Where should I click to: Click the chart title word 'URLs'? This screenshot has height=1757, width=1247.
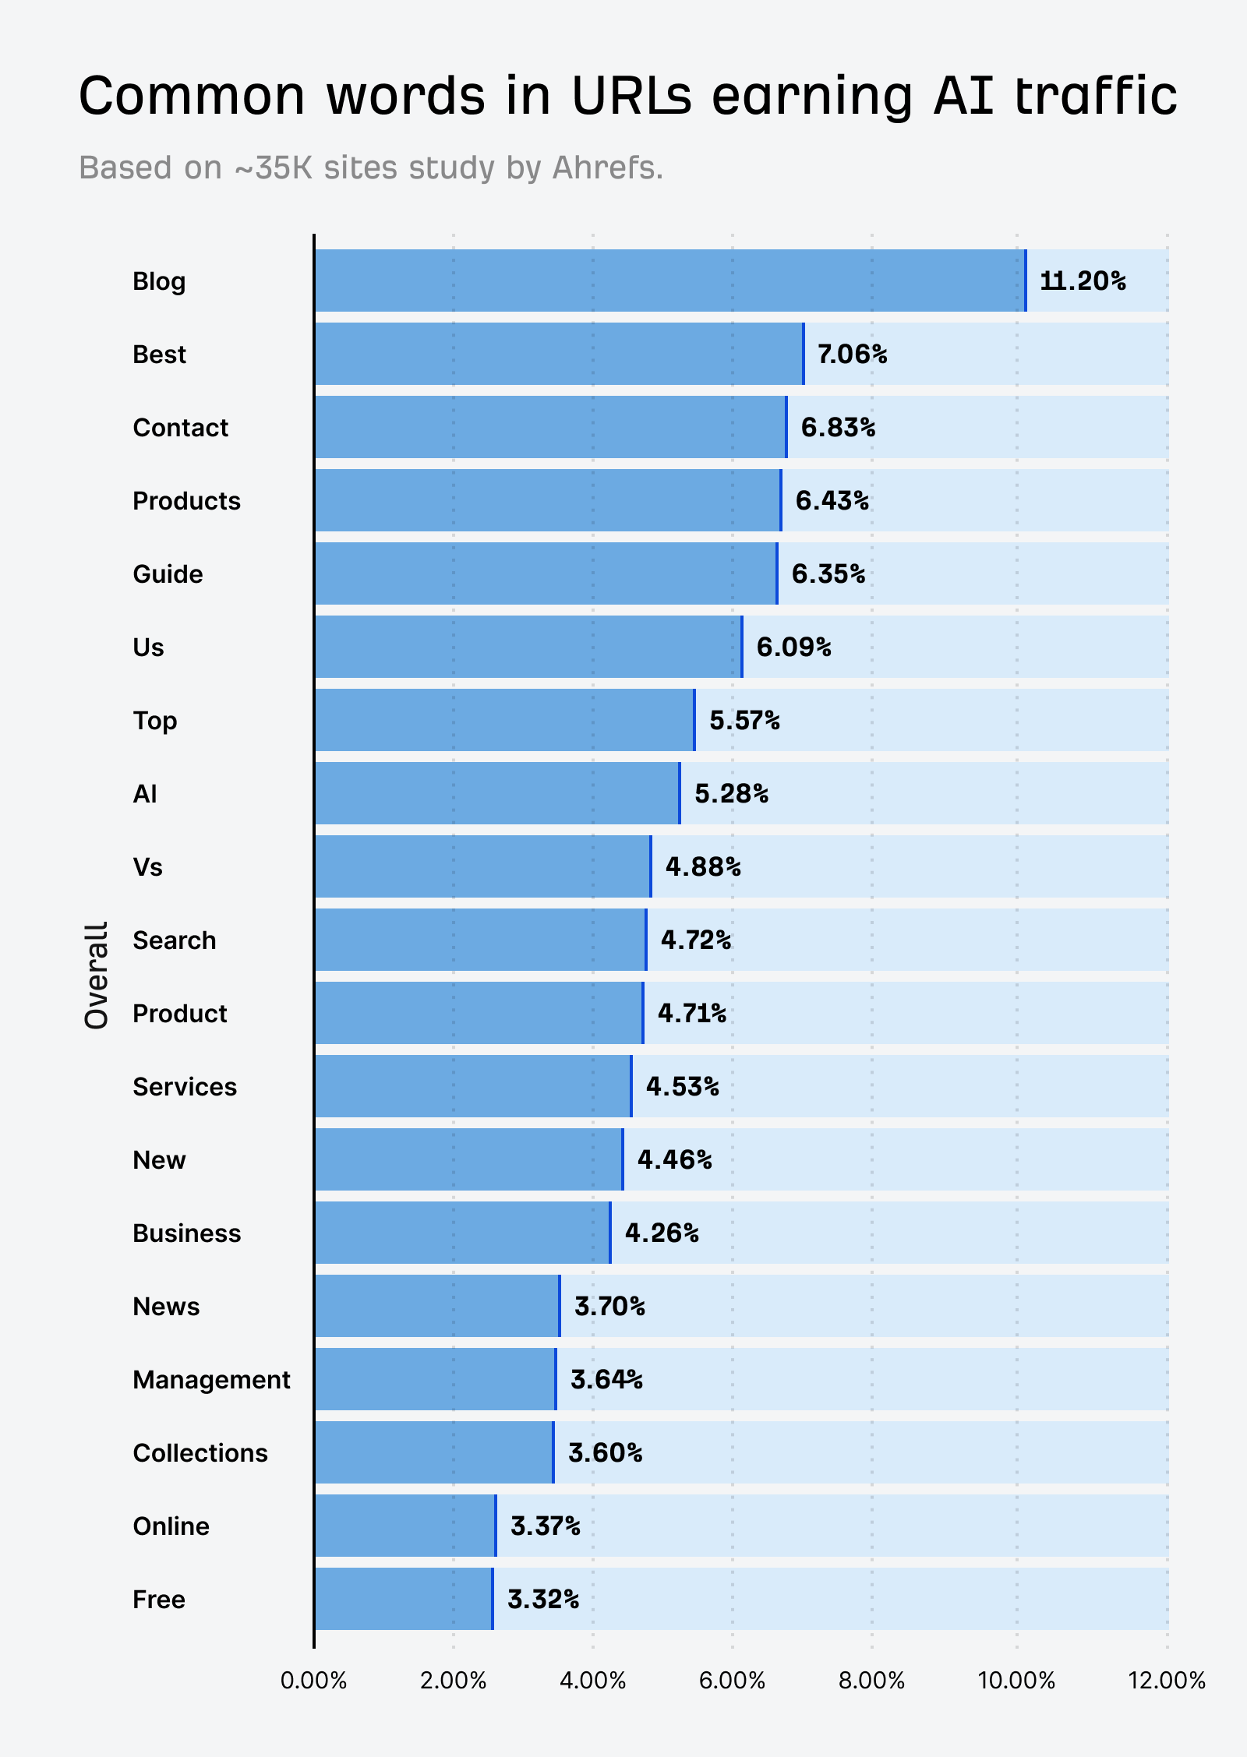tap(631, 97)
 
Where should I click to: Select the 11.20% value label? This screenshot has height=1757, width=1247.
tap(1083, 280)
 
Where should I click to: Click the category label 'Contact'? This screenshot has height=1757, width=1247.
tap(180, 428)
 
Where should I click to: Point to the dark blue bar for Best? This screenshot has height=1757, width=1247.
tap(559, 354)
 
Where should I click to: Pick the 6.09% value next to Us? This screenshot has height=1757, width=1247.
tap(793, 647)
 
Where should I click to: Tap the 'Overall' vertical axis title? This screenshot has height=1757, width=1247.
tap(97, 976)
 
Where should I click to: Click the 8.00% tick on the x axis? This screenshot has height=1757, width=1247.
tap(871, 1680)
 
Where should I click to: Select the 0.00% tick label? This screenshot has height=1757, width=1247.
tap(313, 1680)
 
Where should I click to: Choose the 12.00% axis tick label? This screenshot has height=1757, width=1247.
tap(1167, 1680)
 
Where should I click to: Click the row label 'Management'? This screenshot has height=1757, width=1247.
tap(211, 1380)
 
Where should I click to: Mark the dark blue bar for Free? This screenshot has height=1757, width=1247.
tap(404, 1599)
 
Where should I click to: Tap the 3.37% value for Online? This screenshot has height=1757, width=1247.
tap(545, 1526)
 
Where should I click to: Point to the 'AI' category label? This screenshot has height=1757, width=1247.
tap(145, 794)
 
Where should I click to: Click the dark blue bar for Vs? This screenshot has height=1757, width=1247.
tap(482, 866)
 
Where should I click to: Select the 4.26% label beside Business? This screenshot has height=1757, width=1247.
tap(662, 1233)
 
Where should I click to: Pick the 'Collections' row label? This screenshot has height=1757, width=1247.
tap(200, 1453)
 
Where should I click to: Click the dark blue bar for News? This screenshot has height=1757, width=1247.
tap(437, 1306)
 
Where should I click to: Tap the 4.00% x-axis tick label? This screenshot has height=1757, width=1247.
tap(592, 1680)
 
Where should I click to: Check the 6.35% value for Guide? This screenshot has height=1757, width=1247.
tap(828, 574)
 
